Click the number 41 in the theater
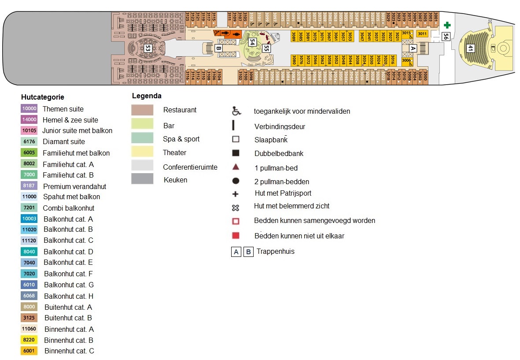(470, 48)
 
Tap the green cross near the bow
(447, 25)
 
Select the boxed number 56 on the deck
(446, 37)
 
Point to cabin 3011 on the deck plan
(422, 33)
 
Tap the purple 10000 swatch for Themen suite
(29, 109)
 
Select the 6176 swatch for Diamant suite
(29, 142)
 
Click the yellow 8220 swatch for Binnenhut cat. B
(29, 340)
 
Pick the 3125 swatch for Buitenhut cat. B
(29, 318)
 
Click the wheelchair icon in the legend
(236, 111)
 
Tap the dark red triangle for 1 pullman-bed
(236, 167)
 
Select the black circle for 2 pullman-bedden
(236, 181)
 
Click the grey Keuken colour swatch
(142, 179)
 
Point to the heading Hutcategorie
(42, 97)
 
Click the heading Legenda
(147, 96)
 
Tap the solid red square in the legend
(236, 235)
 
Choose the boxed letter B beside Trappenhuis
(249, 252)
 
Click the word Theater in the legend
(174, 152)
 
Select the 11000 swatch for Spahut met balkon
(29, 197)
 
